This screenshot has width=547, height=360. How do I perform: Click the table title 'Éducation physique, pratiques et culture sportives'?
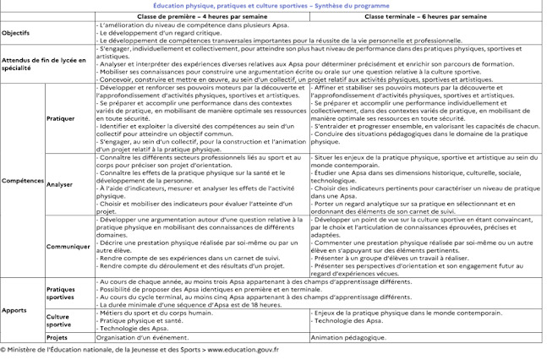[272, 5]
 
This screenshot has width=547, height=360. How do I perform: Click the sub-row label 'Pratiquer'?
[61, 118]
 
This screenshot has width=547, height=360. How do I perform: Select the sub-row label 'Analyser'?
[60, 183]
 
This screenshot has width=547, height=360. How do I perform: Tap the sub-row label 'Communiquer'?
[68, 246]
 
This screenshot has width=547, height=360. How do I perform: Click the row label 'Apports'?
[14, 310]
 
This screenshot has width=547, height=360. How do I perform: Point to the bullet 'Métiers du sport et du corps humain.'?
[153, 313]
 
